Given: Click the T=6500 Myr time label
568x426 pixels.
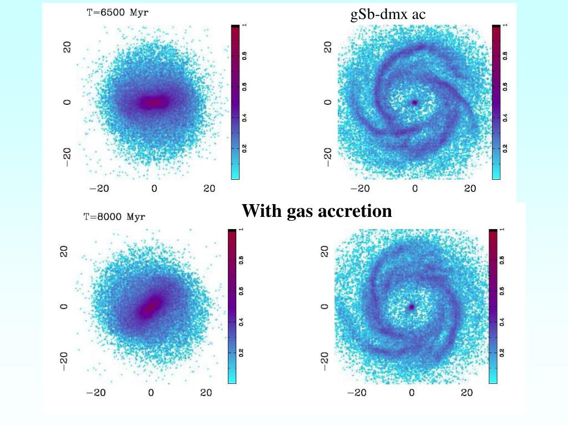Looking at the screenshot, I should tap(118, 13).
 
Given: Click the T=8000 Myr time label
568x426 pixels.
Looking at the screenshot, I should tap(114, 217).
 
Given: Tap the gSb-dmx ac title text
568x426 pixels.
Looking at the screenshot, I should tap(388, 14).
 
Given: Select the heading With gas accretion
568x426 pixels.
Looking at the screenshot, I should tap(317, 211).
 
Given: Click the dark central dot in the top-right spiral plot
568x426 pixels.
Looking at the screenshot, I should tap(415, 103).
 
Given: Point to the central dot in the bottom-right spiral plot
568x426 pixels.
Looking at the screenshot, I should tap(412, 306).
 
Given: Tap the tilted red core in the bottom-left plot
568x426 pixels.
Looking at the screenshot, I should tap(150, 305).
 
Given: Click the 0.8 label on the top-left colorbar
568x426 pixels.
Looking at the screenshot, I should tap(244, 55).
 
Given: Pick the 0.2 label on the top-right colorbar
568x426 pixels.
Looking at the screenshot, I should tap(505, 149).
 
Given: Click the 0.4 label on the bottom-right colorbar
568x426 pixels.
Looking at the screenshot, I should tap(501, 321).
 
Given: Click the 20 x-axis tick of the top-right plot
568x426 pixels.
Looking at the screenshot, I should tap(470, 189).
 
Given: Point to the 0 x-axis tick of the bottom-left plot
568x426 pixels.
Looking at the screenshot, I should tap(151, 393).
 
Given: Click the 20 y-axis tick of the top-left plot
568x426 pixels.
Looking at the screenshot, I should tap(68, 48).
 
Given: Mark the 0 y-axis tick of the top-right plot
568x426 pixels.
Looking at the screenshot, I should tap(328, 103).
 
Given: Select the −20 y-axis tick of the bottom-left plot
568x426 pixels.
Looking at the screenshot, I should tap(64, 361).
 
